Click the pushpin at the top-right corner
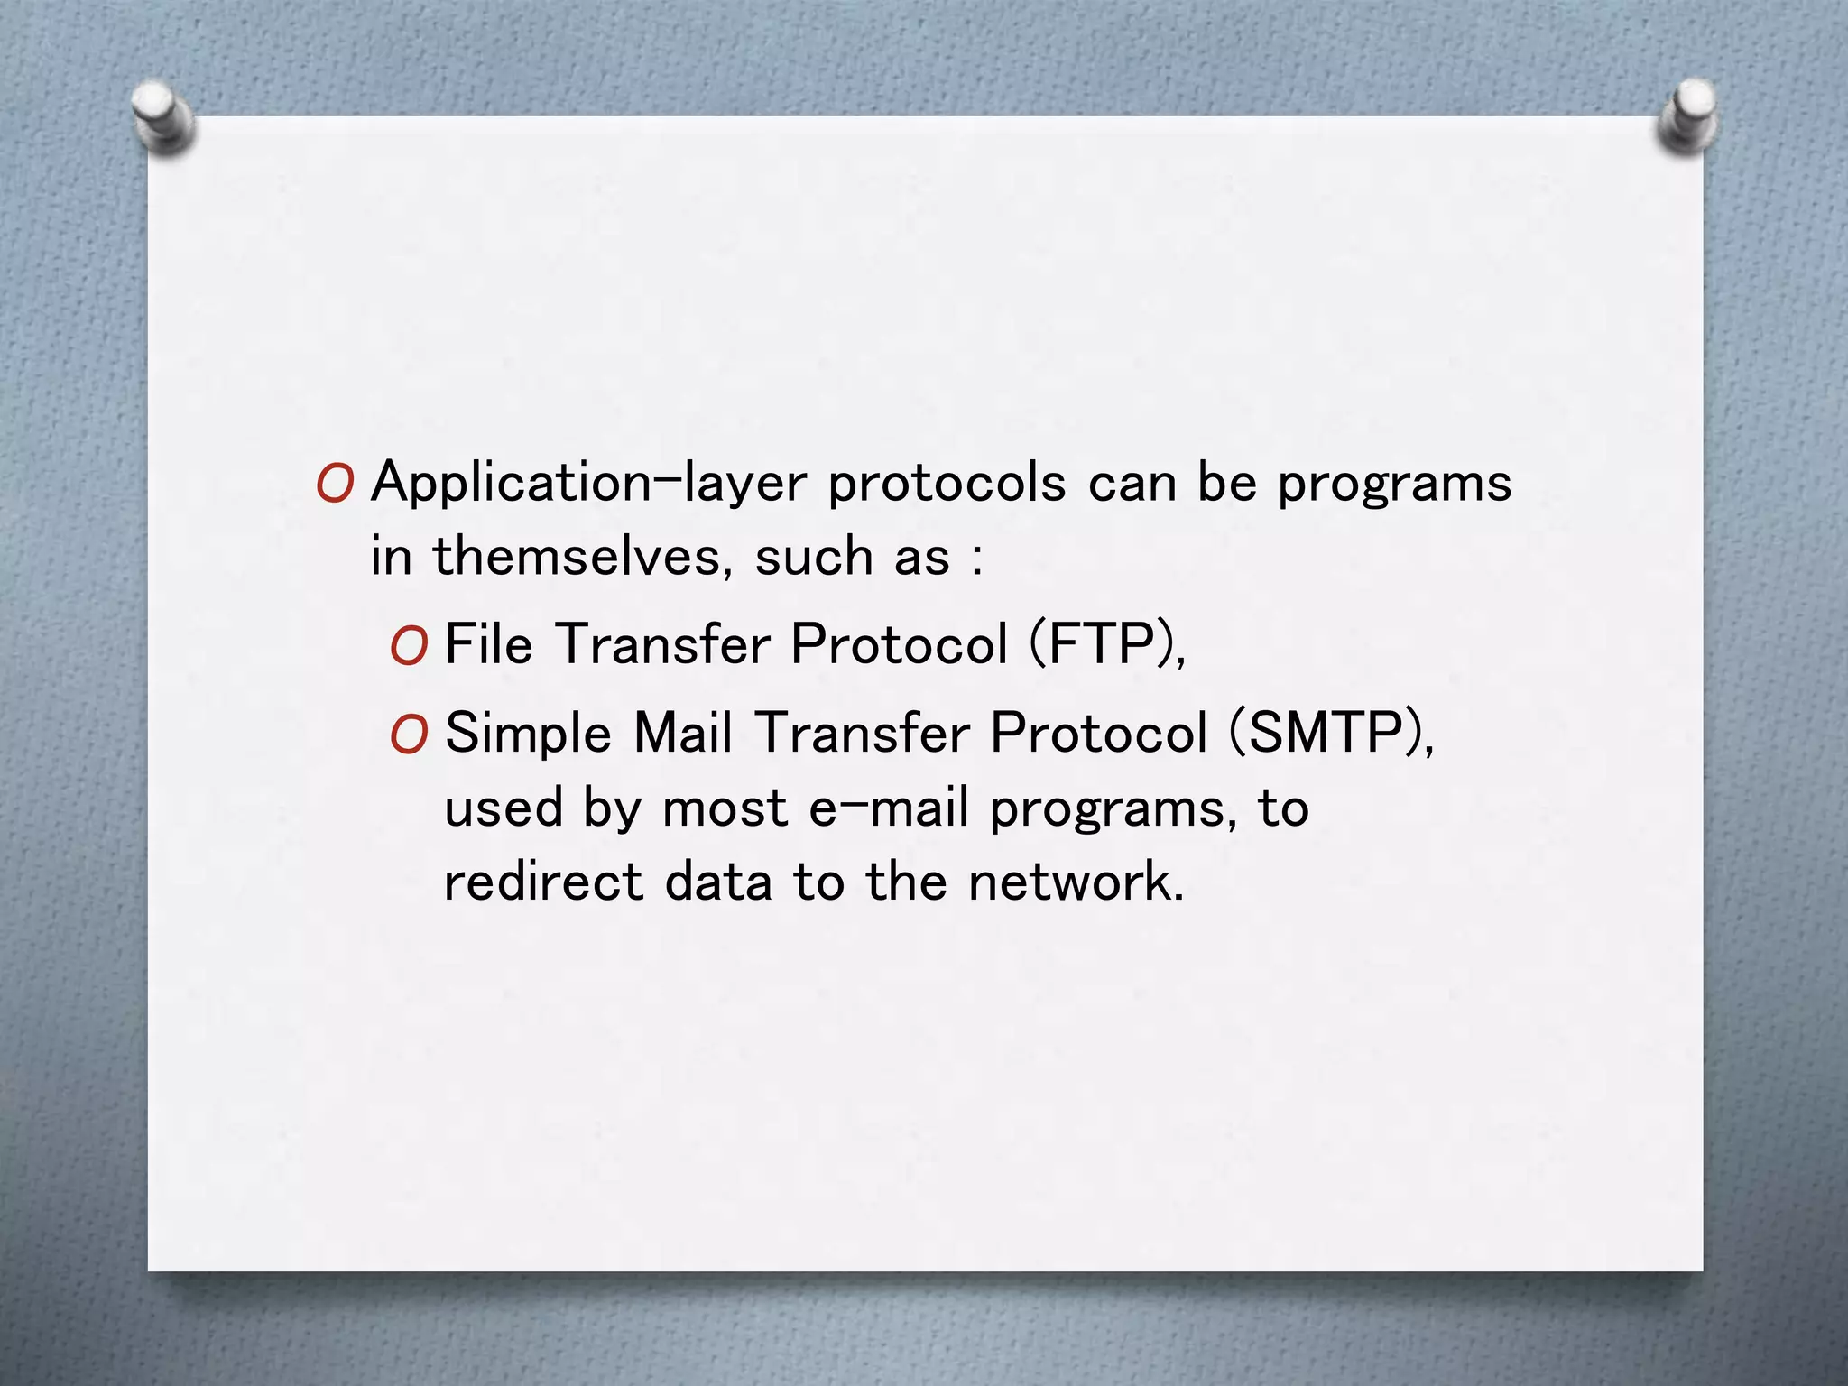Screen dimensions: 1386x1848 click(x=1687, y=115)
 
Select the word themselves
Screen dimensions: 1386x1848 click(x=577, y=557)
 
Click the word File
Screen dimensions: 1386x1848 click(x=488, y=645)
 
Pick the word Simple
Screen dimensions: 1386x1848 click(x=528, y=735)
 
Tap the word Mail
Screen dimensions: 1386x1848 click(x=682, y=733)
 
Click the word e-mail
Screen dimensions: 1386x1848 click(x=888, y=808)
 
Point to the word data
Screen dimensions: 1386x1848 click(x=718, y=882)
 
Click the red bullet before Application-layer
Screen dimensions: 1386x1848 click(x=334, y=485)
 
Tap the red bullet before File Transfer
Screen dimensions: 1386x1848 click(x=408, y=647)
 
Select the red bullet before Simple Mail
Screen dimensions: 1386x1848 click(x=408, y=735)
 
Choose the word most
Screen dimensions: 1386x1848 click(x=725, y=808)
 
